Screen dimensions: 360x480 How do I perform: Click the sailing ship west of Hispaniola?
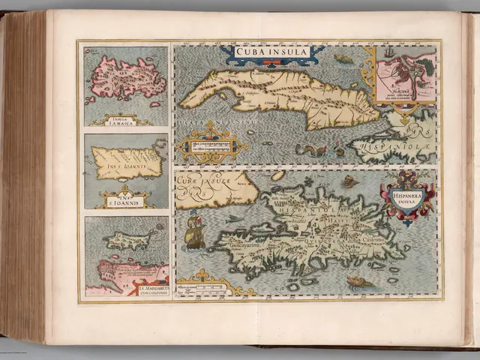(x=193, y=231)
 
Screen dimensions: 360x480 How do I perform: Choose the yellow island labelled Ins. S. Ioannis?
(x=124, y=160)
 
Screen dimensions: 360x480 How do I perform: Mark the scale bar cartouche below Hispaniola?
(x=207, y=286)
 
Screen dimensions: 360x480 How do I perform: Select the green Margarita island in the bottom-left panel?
(x=121, y=239)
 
